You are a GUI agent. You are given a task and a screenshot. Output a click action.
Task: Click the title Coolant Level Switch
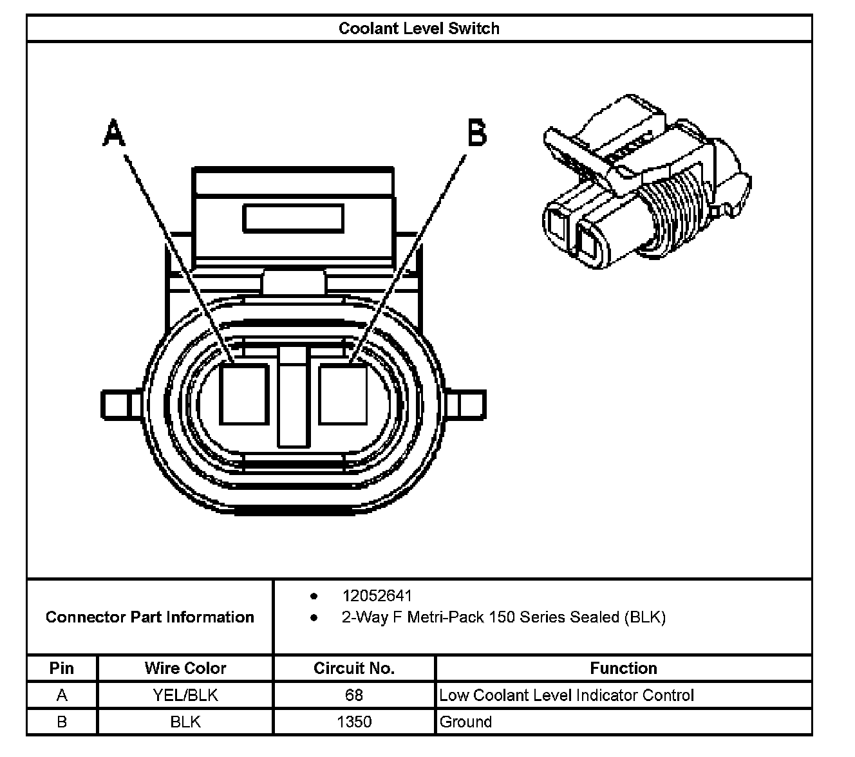[x=419, y=28]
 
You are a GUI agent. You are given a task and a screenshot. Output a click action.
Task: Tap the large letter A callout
[x=114, y=133]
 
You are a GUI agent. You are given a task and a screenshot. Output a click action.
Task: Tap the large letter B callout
[x=476, y=133]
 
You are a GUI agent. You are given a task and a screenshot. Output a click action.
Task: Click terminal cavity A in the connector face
[x=244, y=394]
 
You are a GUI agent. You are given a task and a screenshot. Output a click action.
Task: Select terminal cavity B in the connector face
[x=343, y=394]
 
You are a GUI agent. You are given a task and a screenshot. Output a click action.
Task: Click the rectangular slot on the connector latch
[x=293, y=218]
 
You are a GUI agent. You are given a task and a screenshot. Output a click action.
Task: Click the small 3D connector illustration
[x=644, y=187]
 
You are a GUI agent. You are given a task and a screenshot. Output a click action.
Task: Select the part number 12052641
[x=377, y=596]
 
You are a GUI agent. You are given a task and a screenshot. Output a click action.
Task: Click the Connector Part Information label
[x=149, y=617]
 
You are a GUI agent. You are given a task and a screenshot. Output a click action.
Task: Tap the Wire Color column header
[x=185, y=668]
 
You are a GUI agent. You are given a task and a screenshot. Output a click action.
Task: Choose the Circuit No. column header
[x=353, y=668]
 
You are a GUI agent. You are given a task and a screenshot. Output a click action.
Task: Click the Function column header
[x=623, y=668]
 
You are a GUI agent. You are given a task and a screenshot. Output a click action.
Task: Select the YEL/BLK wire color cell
[x=185, y=695]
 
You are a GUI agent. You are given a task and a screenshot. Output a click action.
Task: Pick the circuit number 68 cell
[x=353, y=695]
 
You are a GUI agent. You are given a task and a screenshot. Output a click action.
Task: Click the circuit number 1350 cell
[x=354, y=722]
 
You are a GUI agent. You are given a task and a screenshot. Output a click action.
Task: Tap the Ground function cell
[x=465, y=722]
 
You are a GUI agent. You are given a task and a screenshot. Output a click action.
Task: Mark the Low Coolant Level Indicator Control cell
[x=567, y=695]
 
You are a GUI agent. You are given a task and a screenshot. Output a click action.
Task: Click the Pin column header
[x=62, y=668]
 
